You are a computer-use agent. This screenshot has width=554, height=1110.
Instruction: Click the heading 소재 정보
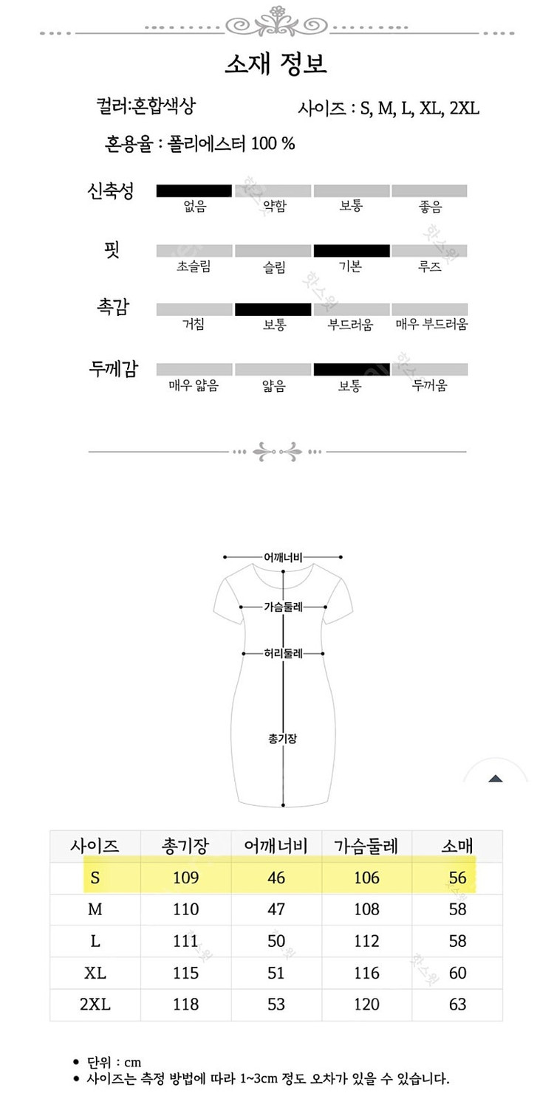pos(276,63)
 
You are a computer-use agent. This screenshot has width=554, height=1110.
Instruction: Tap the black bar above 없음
pos(194,191)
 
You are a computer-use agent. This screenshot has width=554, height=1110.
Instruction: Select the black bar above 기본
pos(352,250)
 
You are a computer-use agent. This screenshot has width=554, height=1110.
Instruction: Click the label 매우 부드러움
pos(431,325)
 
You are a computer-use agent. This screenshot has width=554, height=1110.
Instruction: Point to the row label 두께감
pos(113,369)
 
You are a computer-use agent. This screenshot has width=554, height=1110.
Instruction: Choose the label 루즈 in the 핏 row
pos(430,266)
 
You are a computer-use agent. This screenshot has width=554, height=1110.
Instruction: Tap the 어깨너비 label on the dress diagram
pos(284,557)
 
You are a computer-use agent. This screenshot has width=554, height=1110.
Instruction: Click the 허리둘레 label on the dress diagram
pos(284,653)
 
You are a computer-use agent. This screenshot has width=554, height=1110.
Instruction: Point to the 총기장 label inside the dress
pos(283,738)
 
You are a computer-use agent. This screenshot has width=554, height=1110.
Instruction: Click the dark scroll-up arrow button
pos(496,778)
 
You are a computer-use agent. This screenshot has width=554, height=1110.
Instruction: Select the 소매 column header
pos(457,846)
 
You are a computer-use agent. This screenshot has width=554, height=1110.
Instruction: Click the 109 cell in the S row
pos(185,878)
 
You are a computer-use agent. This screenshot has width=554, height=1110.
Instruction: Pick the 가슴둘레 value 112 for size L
pos(366,941)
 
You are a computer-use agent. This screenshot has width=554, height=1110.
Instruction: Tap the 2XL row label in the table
pos(95,1004)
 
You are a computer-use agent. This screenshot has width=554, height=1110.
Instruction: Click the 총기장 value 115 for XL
pos(185,973)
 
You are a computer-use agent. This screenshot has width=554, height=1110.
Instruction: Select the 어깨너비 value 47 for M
pos(276,909)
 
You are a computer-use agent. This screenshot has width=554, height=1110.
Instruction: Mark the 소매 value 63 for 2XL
pos(457,1004)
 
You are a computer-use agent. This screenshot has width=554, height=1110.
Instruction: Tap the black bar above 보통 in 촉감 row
pos(273,309)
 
